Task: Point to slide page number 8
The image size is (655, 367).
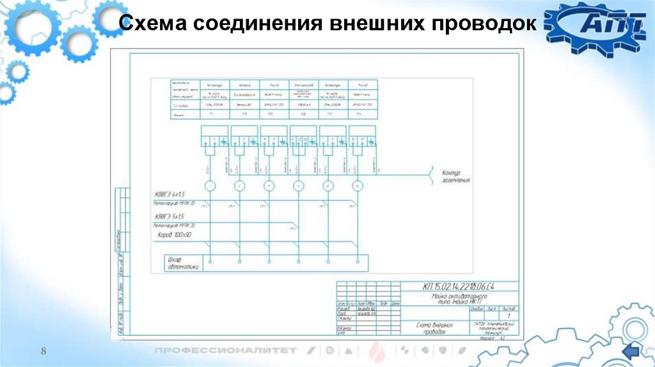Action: pyautogui.click(x=44, y=350)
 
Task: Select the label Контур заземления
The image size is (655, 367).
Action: pyautogui.click(x=456, y=176)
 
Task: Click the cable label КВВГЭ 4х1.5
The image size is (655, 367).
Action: pyautogui.click(x=170, y=193)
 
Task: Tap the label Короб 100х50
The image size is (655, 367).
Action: pyautogui.click(x=174, y=236)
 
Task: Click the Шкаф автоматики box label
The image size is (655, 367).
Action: pyautogui.click(x=182, y=263)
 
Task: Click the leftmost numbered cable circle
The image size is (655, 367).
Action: pyautogui.click(x=209, y=185)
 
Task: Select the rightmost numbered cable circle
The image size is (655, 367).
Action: pyautogui.click(x=358, y=185)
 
